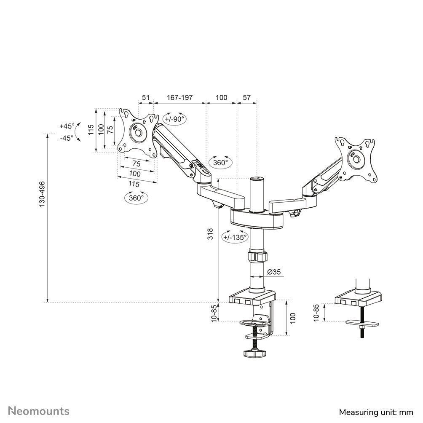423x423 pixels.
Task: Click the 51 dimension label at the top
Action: click(x=145, y=97)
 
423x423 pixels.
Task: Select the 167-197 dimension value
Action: click(x=179, y=97)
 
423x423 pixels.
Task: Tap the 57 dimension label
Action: click(x=247, y=97)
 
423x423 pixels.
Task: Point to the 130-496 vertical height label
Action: click(x=42, y=194)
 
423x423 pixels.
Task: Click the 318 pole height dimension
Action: click(x=211, y=234)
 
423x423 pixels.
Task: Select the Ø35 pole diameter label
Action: click(x=274, y=272)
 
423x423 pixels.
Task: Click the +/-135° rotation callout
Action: click(x=235, y=237)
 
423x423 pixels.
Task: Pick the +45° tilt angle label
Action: click(x=67, y=126)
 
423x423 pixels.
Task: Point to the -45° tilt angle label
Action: click(x=67, y=137)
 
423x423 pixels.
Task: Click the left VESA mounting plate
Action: click(x=137, y=131)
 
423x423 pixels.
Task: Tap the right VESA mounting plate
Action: click(x=356, y=159)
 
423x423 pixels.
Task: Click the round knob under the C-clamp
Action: click(x=254, y=353)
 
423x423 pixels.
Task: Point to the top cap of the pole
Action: click(x=257, y=180)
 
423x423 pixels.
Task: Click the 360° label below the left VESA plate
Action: click(x=136, y=197)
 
